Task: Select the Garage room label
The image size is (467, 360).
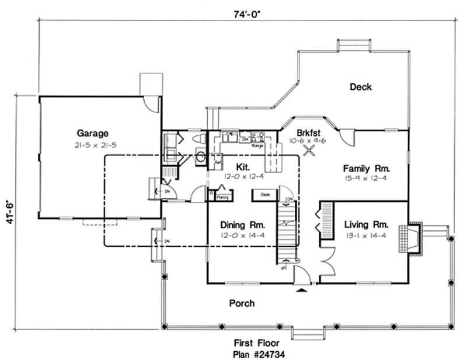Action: point(92,132)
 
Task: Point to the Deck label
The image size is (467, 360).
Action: point(361,87)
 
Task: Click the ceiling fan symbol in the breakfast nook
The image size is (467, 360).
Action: point(312,149)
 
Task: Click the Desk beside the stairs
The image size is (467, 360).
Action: point(264,194)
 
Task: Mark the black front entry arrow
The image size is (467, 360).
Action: point(302,288)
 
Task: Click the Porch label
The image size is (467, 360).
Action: point(241,303)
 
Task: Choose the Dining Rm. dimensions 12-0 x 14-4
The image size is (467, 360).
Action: point(242,235)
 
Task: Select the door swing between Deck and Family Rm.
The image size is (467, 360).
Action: point(346,137)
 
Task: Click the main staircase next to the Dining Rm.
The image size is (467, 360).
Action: point(287,233)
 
